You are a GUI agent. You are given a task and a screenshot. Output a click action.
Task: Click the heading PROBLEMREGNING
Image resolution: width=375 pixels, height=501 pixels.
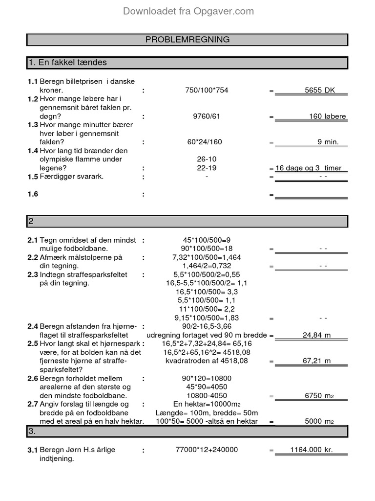(187, 40)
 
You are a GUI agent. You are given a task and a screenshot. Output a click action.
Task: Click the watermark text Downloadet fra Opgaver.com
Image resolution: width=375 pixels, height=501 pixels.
(188, 11)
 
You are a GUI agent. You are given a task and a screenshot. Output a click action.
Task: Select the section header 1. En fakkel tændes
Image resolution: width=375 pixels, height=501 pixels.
(68, 63)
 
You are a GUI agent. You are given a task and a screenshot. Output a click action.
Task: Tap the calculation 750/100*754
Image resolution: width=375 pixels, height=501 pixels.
(207, 91)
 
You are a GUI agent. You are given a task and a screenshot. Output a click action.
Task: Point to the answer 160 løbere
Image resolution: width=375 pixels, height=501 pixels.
(327, 116)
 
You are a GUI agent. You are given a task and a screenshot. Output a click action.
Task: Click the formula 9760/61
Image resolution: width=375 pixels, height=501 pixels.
(207, 116)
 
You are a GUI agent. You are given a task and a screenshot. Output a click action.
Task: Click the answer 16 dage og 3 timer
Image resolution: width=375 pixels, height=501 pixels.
(309, 168)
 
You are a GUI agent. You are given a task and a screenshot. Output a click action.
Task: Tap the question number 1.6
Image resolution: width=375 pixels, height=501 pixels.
(33, 194)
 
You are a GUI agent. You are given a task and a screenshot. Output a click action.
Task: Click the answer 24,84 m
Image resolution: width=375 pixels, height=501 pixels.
(317, 335)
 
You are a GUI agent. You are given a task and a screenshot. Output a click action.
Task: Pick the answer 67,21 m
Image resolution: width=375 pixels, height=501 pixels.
(317, 361)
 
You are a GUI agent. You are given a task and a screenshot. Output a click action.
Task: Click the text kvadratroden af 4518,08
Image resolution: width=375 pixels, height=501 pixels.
(207, 361)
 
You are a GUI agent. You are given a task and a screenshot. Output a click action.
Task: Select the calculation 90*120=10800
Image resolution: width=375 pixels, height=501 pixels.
(207, 378)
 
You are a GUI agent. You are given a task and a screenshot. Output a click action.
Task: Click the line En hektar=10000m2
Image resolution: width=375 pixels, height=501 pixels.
(207, 405)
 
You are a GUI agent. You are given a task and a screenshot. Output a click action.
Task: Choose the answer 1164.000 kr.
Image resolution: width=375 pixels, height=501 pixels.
(311, 450)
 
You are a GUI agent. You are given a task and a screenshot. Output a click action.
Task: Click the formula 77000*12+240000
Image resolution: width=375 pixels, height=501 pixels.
(207, 450)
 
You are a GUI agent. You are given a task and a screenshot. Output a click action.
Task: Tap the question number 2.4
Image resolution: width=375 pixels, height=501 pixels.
(33, 326)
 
